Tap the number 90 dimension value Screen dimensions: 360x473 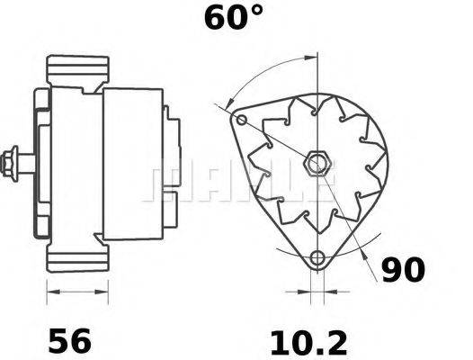click(404, 271)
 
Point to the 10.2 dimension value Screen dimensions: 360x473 click(308, 341)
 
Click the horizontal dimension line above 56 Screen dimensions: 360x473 click(76, 292)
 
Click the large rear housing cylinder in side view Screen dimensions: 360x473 click(132, 164)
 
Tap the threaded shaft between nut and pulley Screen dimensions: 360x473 click(27, 164)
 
